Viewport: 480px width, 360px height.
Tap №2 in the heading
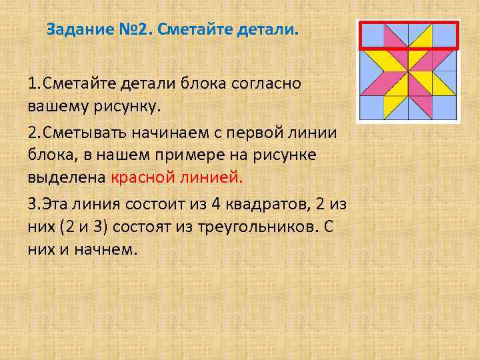[124, 31]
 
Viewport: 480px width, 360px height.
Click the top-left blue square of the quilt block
[373, 35]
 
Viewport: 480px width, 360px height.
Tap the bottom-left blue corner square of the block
[372, 108]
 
